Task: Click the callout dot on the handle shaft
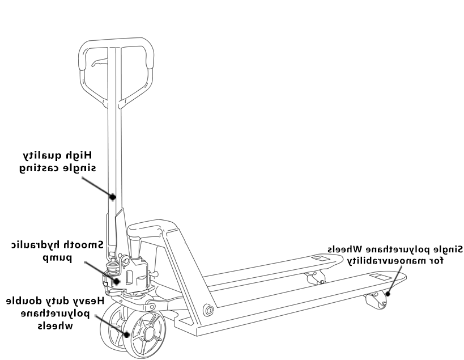pyautogui.click(x=112, y=197)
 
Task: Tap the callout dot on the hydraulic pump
pyautogui.click(x=117, y=281)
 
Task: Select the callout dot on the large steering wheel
pyautogui.click(x=127, y=334)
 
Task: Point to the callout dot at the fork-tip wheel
pyautogui.click(x=388, y=294)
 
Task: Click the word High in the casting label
pyautogui.click(x=81, y=155)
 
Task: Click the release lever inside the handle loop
pyautogui.click(x=99, y=62)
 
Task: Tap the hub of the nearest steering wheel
pyautogui.click(x=150, y=334)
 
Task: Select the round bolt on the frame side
pyautogui.click(x=208, y=310)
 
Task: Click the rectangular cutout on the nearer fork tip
pyautogui.click(x=381, y=277)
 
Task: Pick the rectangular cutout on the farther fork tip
pyautogui.click(x=321, y=258)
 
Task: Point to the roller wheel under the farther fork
pyautogui.click(x=315, y=278)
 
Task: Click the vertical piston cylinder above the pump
pyautogui.click(x=135, y=249)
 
